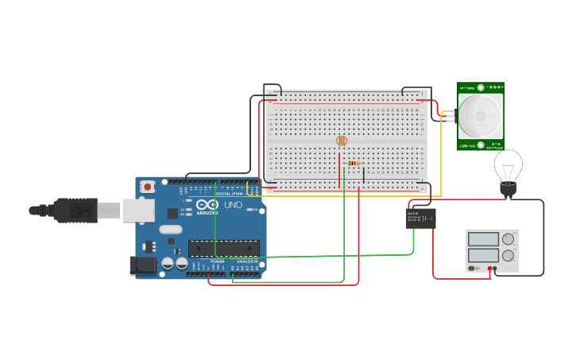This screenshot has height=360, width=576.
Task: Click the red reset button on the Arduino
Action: [147, 187]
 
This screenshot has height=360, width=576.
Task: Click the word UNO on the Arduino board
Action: [234, 204]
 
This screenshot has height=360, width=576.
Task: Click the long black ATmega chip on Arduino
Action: [224, 249]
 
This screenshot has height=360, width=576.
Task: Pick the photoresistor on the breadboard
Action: [342, 141]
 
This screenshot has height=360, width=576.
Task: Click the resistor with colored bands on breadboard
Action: [354, 163]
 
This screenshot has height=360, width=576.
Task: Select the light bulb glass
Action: [508, 165]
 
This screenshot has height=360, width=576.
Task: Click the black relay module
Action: [421, 219]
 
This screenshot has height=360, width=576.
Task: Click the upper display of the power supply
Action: [483, 239]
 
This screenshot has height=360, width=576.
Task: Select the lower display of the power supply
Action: [483, 255]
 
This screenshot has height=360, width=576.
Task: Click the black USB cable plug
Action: [76, 211]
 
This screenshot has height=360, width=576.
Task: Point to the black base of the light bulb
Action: [508, 190]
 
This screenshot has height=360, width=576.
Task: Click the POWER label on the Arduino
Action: [217, 261]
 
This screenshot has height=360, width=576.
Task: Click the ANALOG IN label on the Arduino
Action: [247, 261]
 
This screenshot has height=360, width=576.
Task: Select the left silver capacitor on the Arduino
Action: [168, 263]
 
